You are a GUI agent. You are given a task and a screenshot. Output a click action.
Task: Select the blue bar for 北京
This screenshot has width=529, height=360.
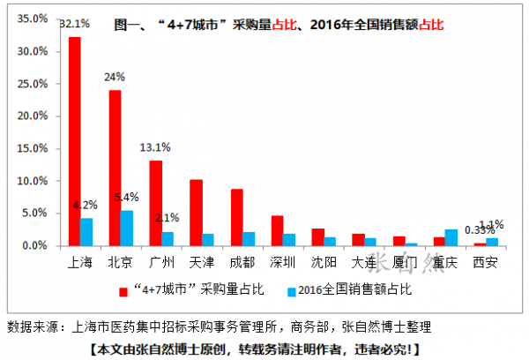tap(127, 228)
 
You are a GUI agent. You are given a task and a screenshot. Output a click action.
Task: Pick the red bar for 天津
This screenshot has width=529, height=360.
tap(196, 213)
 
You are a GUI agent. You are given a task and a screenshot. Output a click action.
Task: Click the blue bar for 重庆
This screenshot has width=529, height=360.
tap(451, 237)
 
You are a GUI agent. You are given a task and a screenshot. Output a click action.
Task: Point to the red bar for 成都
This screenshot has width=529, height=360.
tap(236, 217)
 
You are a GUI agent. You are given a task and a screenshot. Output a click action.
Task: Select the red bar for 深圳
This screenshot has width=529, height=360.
tap(277, 230)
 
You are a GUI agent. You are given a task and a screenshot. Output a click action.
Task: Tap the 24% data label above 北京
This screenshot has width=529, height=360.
tap(115, 77)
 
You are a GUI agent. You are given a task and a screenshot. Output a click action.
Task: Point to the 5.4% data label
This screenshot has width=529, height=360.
tap(129, 197)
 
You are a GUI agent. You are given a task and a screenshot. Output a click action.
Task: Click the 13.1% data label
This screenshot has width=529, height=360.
tap(155, 147)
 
